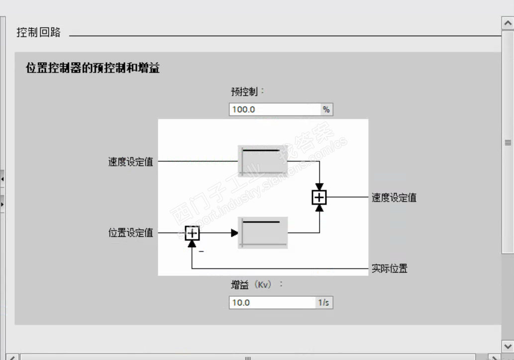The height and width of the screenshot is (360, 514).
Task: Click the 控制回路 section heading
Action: pyautogui.click(x=39, y=33)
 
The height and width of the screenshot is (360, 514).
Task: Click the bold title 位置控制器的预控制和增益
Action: pyautogui.click(x=93, y=69)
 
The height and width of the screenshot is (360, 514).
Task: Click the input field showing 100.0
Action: pyautogui.click(x=275, y=109)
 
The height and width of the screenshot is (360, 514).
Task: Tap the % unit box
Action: pyautogui.click(x=326, y=109)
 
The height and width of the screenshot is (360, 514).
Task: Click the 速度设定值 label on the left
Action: pyautogui.click(x=131, y=162)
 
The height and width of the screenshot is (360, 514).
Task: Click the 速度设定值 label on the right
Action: pyautogui.click(x=394, y=197)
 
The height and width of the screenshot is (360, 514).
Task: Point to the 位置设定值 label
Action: pyautogui.click(x=131, y=232)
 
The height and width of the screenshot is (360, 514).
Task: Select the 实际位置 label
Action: pyautogui.click(x=390, y=269)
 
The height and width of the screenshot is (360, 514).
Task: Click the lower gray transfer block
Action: pyautogui.click(x=263, y=232)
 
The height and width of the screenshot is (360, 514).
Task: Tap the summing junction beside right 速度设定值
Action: pyautogui.click(x=319, y=197)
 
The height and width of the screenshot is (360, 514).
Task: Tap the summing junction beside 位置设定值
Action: pyautogui.click(x=192, y=232)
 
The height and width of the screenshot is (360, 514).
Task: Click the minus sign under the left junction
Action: pyautogui.click(x=202, y=252)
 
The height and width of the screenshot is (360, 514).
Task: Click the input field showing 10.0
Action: pyautogui.click(x=272, y=302)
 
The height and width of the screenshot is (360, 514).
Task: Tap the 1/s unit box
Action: pyautogui.click(x=324, y=302)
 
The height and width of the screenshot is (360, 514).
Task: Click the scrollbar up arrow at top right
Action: pyautogui.click(x=508, y=23)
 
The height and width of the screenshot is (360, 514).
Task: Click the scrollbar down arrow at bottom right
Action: pyautogui.click(x=508, y=346)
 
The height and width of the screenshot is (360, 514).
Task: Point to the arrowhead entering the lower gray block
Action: pyautogui.click(x=235, y=232)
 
